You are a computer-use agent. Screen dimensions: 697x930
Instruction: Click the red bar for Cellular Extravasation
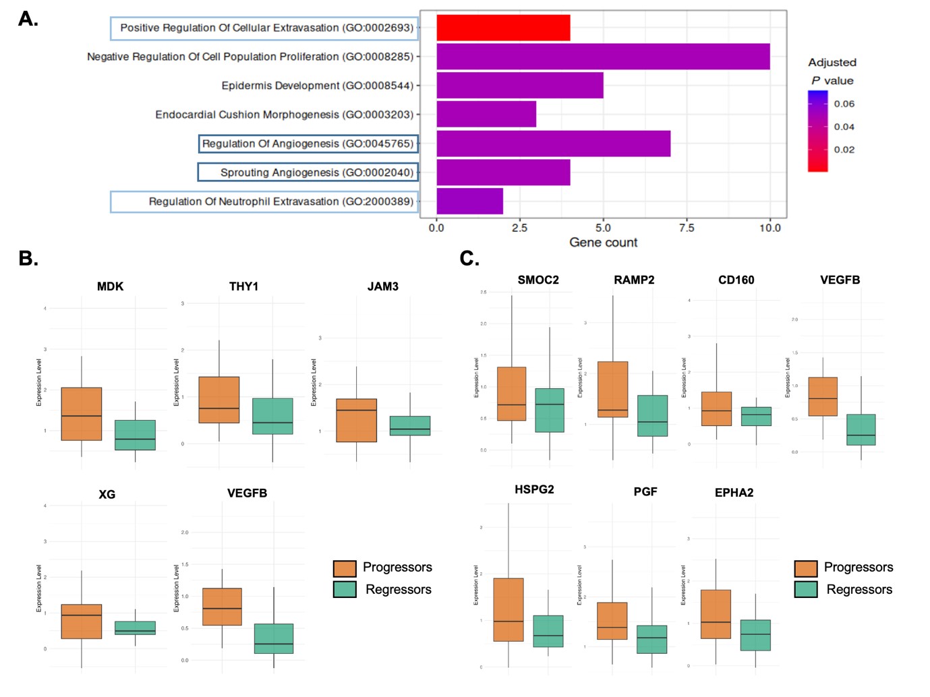point(503,28)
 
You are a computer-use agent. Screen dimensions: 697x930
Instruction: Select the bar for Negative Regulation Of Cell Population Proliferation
point(603,57)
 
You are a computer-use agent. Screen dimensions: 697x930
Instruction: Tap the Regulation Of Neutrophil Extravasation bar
point(469,202)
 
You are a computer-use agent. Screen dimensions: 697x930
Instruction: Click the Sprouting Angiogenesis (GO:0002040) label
point(317,173)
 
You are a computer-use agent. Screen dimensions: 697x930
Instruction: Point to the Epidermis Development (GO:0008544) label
point(317,86)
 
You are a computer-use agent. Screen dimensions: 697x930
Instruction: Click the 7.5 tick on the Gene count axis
point(687,228)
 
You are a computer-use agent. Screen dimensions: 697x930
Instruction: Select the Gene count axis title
point(603,243)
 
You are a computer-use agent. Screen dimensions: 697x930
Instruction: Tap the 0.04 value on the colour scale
point(844,127)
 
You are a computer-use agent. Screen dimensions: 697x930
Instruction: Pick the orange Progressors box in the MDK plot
point(82,414)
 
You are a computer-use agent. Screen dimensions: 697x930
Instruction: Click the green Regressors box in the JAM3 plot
point(410,426)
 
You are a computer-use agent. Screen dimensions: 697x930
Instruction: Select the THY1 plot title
point(243,286)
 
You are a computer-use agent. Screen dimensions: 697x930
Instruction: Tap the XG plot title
point(107,494)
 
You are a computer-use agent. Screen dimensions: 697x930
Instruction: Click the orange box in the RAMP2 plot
point(612,389)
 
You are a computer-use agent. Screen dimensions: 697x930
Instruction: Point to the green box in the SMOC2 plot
point(550,410)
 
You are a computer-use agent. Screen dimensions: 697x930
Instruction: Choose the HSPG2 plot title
point(534,489)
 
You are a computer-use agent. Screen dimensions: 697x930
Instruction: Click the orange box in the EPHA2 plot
point(716,614)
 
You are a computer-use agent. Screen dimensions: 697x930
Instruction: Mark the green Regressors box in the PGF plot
point(651,639)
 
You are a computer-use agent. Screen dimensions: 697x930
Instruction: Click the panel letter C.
point(469,259)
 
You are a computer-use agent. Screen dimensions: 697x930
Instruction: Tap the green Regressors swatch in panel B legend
point(345,590)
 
